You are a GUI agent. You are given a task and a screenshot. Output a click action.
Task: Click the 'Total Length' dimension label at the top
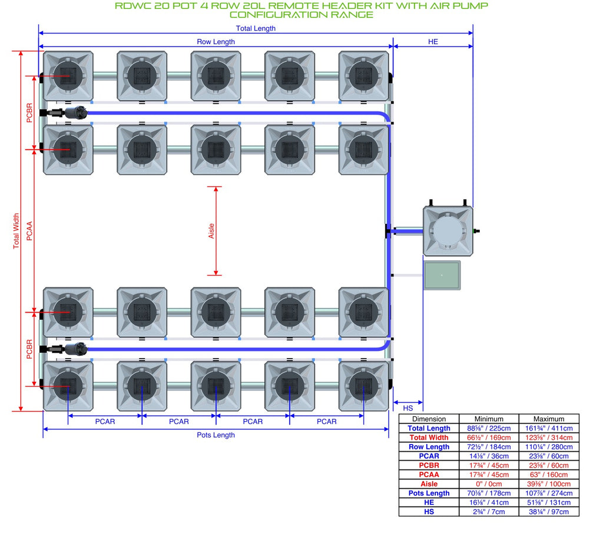[x=256, y=28]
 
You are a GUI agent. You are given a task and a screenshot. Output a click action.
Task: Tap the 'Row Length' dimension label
[x=216, y=42]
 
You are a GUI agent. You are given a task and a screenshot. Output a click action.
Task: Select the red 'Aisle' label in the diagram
[x=211, y=231]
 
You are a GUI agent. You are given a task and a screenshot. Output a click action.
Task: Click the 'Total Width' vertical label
[x=16, y=231]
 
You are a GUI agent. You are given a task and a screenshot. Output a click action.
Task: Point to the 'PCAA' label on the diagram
[x=29, y=231]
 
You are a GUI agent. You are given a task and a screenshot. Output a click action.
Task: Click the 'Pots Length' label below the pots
[x=216, y=435]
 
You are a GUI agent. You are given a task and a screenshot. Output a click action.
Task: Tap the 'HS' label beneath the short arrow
[x=408, y=408]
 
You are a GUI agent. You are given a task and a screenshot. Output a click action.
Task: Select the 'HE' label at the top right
[x=433, y=42]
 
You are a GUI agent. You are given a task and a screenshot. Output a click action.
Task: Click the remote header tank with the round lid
[x=448, y=231]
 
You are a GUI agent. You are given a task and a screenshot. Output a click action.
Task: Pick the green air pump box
[x=442, y=275]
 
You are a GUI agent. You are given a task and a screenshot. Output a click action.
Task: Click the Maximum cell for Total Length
[x=549, y=428]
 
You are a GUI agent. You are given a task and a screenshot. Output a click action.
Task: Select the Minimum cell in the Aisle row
[x=489, y=484]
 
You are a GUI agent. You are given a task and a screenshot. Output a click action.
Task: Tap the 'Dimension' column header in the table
[x=429, y=419]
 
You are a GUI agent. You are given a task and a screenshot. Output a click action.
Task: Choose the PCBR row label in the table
[x=429, y=465]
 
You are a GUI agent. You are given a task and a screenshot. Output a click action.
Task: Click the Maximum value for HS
[x=549, y=512]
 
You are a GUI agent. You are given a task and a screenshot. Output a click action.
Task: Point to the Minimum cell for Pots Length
[x=489, y=493]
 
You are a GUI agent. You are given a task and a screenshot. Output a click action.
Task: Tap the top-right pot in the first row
[x=363, y=76]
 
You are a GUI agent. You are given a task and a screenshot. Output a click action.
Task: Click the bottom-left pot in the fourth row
[x=68, y=386]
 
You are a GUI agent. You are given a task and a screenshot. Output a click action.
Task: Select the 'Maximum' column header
[x=549, y=419]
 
